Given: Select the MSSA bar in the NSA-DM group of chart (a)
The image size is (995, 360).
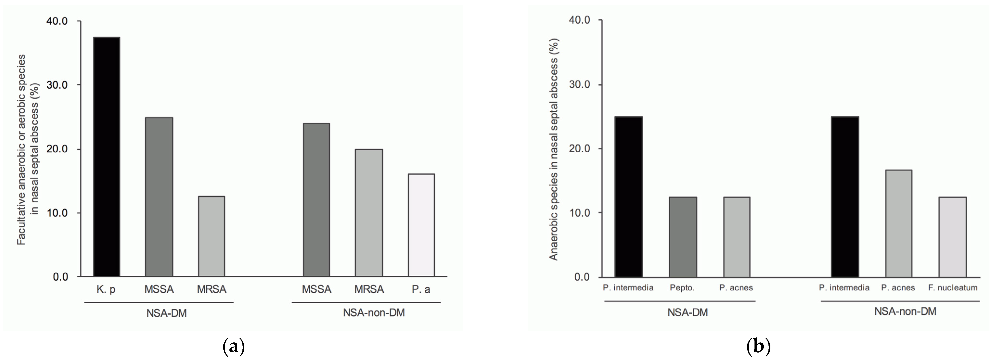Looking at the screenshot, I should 159,197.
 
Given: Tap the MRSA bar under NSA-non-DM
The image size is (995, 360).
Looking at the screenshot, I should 369,213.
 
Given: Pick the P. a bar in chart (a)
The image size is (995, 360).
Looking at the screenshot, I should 421,225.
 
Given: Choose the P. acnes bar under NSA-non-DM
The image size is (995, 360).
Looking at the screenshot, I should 898,223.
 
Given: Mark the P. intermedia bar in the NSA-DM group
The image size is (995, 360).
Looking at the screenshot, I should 628,197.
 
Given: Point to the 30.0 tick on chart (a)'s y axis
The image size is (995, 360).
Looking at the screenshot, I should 57,85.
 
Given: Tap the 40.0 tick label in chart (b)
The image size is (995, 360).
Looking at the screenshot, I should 579,20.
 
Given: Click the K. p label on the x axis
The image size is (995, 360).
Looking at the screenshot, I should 106,289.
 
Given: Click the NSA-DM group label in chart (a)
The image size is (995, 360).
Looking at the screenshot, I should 167,313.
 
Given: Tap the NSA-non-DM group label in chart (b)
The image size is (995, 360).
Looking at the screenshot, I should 905,311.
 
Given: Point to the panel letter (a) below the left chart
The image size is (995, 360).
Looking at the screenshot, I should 234,347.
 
